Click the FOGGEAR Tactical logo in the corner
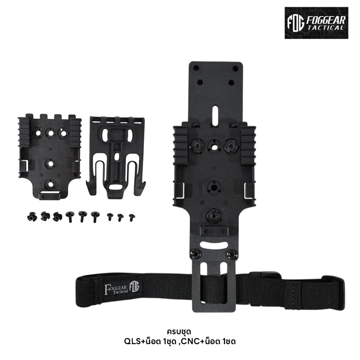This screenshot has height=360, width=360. pos(316,23)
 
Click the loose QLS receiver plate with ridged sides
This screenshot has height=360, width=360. pos(50,155)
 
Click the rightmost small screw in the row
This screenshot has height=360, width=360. pos(131,217)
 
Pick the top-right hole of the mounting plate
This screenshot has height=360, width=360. pos(235,68)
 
